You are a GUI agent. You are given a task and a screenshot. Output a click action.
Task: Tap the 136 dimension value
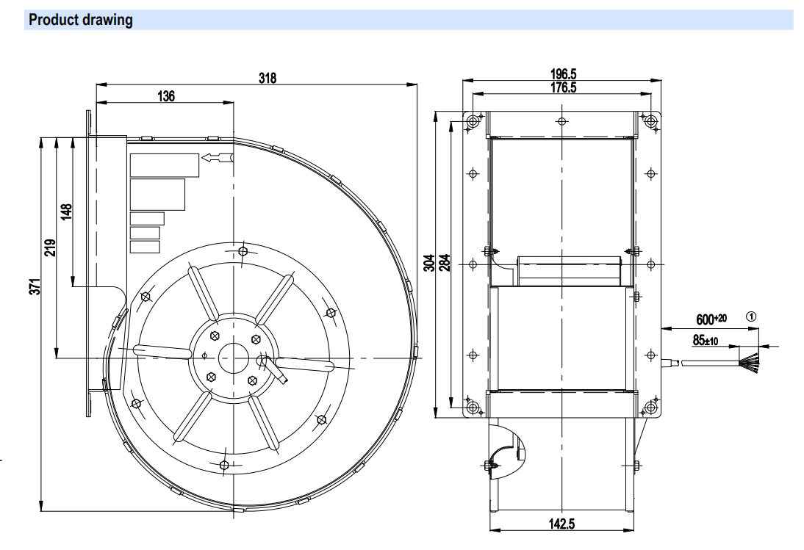coord(165,96)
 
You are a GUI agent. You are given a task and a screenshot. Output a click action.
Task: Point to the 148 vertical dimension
coord(67,212)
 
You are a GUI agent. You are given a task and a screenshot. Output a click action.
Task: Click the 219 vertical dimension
coord(50,248)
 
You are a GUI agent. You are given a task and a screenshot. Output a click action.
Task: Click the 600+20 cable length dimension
coord(711,320)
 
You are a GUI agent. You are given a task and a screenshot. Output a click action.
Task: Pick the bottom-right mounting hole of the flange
coord(650,406)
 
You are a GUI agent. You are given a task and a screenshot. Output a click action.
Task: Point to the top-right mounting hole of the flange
coord(650,121)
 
